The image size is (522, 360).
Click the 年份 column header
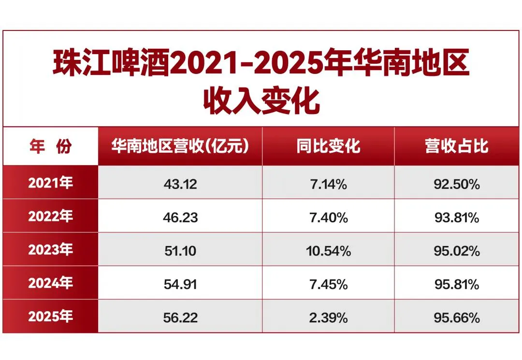pyautogui.click(x=51, y=146)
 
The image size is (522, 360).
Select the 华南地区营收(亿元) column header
pyautogui.click(x=180, y=146)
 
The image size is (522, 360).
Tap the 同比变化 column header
pyautogui.click(x=328, y=146)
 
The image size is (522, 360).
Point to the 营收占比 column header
pyautogui.click(x=457, y=146)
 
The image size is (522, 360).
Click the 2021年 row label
pyautogui.click(x=51, y=183)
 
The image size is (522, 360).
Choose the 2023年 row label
pyautogui.click(x=51, y=249)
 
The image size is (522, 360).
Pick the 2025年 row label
pyautogui.click(x=51, y=316)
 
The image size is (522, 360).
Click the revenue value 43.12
pyautogui.click(x=180, y=184)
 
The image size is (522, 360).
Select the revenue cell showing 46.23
pyautogui.click(x=180, y=217)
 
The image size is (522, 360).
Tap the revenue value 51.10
pyautogui.click(x=180, y=251)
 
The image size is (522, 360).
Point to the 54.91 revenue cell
pyautogui.click(x=180, y=285)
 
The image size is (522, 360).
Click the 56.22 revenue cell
pyautogui.click(x=180, y=318)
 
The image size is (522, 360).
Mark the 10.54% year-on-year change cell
pyautogui.click(x=328, y=251)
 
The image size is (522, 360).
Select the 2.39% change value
pyautogui.click(x=328, y=318)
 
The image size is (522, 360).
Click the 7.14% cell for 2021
pyautogui.click(x=328, y=184)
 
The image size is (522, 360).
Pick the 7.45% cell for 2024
pyautogui.click(x=328, y=285)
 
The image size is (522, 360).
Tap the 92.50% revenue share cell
pyautogui.click(x=457, y=184)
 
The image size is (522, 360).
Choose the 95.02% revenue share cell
pyautogui.click(x=457, y=251)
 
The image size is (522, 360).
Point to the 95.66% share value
pyautogui.click(x=457, y=318)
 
